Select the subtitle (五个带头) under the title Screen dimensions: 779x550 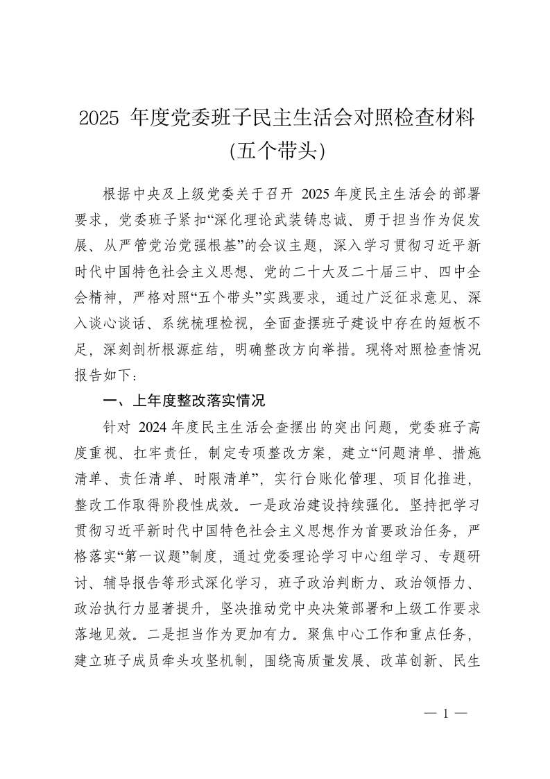click(275, 149)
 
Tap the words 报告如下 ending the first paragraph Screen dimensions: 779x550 click(101, 375)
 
